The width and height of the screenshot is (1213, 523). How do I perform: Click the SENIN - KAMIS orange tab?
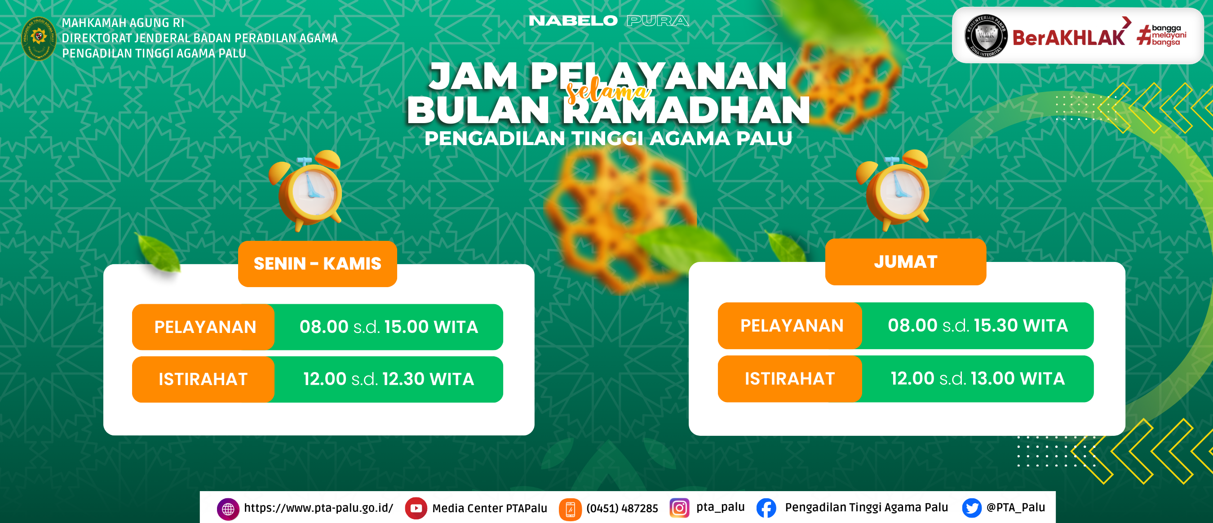(x=317, y=264)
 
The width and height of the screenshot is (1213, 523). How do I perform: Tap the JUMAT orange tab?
(x=906, y=262)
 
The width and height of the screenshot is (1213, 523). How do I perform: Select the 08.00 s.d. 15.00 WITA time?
(x=389, y=327)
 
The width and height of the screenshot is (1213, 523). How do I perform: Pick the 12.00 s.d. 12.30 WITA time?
(x=389, y=379)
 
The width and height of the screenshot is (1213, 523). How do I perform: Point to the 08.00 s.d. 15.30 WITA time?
(x=978, y=325)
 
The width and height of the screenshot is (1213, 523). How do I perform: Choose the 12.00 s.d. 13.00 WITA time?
(x=978, y=378)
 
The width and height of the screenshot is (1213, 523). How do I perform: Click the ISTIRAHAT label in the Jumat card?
(x=790, y=379)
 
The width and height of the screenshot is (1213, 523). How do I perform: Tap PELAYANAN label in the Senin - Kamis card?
(x=205, y=327)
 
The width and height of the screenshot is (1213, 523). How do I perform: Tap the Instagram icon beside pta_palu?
(x=679, y=508)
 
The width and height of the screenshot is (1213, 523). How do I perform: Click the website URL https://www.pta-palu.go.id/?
(x=319, y=508)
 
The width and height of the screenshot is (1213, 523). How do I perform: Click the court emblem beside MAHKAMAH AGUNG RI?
(x=39, y=39)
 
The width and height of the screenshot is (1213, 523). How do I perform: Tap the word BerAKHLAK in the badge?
(x=1068, y=38)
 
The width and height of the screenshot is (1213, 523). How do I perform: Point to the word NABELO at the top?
(x=573, y=21)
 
